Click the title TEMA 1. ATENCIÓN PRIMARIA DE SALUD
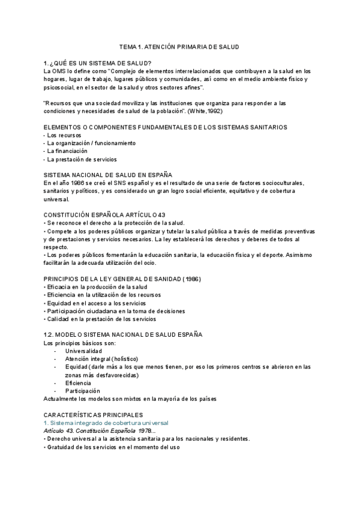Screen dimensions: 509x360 point(180,47)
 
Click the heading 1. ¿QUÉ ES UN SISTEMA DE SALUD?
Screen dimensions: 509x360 point(98,63)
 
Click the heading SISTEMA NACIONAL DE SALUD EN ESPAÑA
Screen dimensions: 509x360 point(112,175)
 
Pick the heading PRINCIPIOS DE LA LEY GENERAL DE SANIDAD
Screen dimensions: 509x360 point(122,279)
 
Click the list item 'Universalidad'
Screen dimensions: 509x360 point(83,351)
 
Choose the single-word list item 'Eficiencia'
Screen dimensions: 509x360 point(78,382)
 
